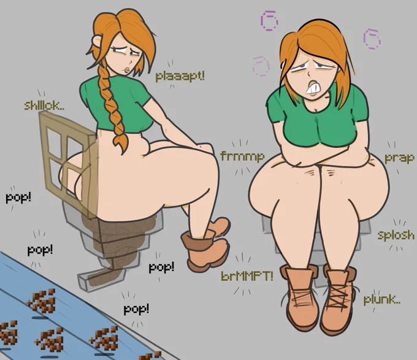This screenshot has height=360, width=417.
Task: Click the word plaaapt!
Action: [x=180, y=77]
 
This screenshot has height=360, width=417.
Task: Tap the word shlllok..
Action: [x=44, y=105]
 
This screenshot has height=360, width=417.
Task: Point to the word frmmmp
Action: [x=242, y=156]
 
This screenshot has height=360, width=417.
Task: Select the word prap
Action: [x=399, y=158]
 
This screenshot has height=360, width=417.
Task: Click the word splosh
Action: [x=396, y=235]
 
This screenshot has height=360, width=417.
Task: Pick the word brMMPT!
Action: [x=247, y=276]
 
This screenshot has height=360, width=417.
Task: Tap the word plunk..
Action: [x=382, y=300]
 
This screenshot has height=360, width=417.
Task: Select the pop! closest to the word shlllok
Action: [x=18, y=197]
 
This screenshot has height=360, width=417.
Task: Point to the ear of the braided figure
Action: [x=97, y=42]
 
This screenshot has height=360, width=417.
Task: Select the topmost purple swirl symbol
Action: [x=269, y=20]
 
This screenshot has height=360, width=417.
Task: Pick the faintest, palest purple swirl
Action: [x=261, y=66]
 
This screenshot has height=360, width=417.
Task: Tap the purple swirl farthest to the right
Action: [x=372, y=39]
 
